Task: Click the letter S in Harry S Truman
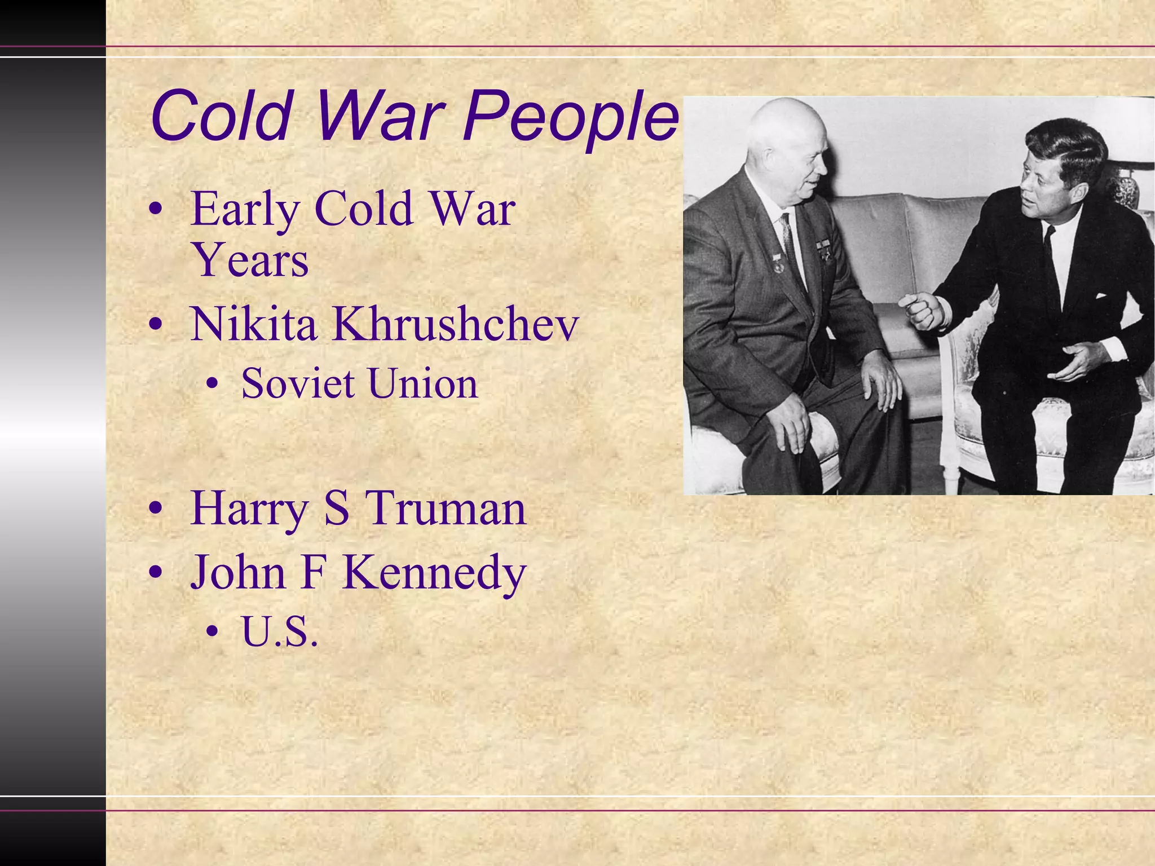click(x=337, y=509)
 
